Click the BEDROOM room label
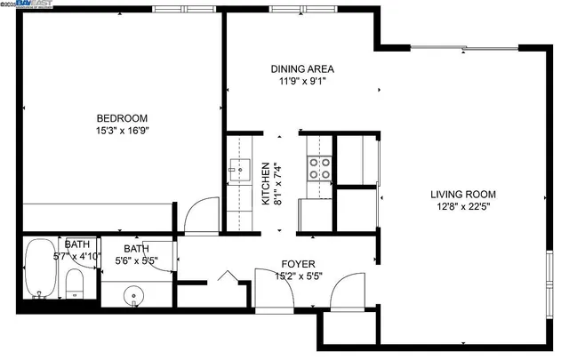click(123, 118)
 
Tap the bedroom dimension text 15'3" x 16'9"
click(123, 132)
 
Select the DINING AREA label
click(302, 68)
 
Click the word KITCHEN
click(265, 184)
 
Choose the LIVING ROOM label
click(463, 195)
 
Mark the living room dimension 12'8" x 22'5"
click(463, 208)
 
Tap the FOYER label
click(296, 264)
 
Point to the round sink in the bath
click(134, 292)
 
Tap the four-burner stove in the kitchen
click(319, 169)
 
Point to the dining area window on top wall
click(295, 10)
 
